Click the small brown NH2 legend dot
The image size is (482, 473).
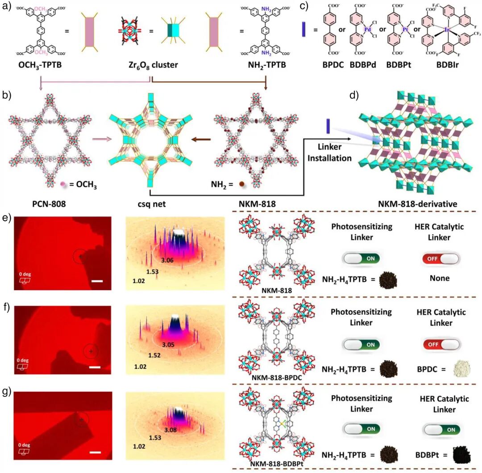point(241,183)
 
